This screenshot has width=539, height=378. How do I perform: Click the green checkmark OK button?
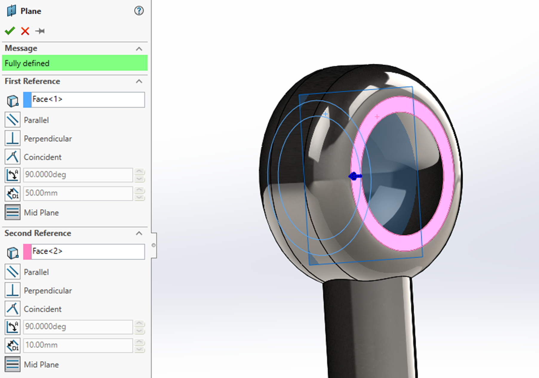coord(10,31)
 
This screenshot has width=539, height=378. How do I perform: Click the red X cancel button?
coord(25,31)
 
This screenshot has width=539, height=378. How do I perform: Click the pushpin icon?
coord(40,31)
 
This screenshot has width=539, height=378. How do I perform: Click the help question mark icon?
coord(139,11)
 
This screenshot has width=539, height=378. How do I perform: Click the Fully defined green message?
coord(75,63)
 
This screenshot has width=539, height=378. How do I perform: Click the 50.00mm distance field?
coord(78,193)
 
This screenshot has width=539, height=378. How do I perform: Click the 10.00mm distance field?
coord(78,345)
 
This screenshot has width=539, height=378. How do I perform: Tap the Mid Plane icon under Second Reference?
coord(13,364)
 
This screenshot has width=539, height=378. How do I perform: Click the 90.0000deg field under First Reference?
coord(78,175)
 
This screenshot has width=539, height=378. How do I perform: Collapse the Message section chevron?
coord(139,49)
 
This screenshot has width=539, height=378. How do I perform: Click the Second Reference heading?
coord(38,233)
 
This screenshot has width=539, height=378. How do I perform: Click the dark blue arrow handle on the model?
coord(355,176)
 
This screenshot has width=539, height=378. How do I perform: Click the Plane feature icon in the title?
coord(11,11)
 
